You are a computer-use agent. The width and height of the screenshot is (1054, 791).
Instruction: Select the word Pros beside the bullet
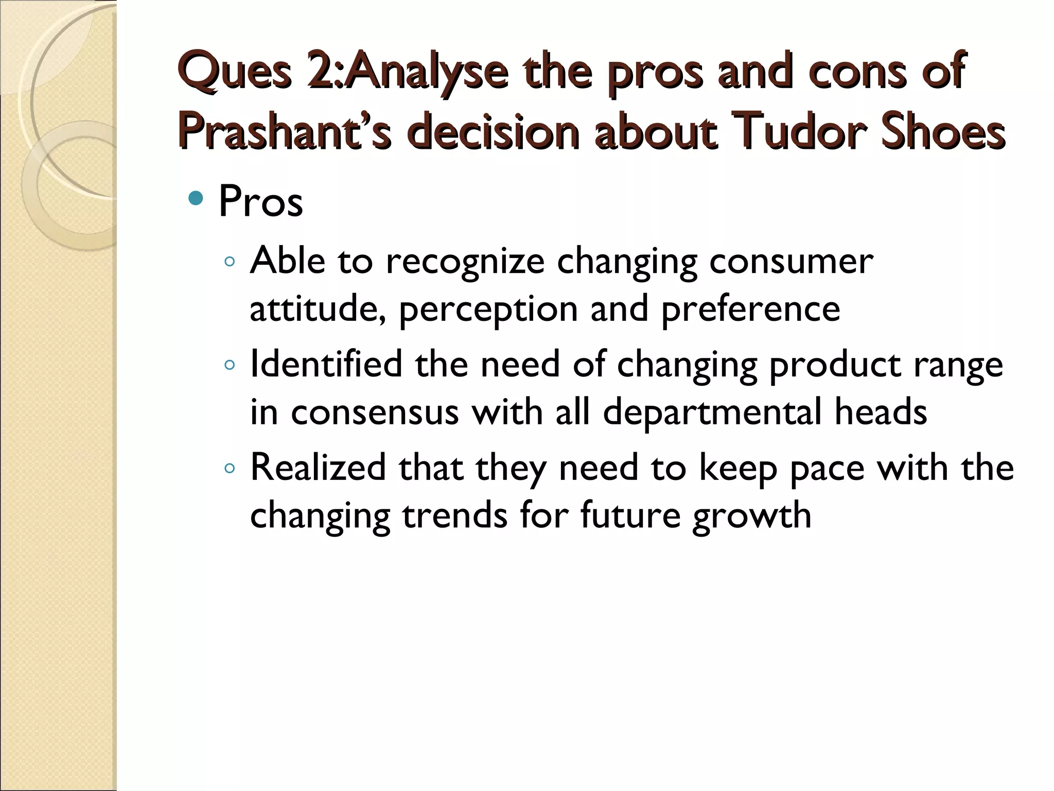[x=260, y=202]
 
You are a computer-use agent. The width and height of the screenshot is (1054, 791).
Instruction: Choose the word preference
[x=750, y=309]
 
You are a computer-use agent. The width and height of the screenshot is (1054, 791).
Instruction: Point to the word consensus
[x=375, y=412]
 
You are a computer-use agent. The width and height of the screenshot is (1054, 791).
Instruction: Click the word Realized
[x=318, y=468]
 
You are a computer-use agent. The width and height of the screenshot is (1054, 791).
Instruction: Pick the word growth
[x=751, y=516]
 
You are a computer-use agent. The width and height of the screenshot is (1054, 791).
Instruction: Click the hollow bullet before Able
[x=230, y=262]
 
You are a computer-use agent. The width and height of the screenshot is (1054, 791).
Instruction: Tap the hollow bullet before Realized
[x=230, y=468]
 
